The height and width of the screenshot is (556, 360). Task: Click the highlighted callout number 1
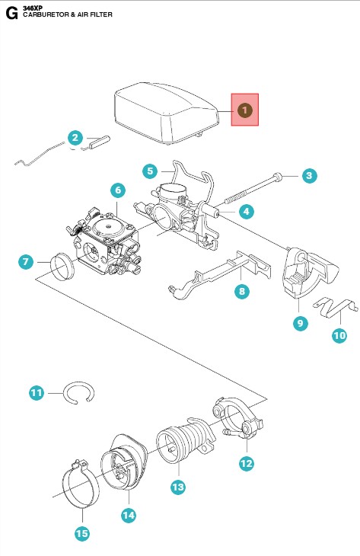pos(244,110)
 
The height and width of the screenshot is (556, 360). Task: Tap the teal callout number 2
pos(75,138)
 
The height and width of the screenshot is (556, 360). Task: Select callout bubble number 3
pos(309,175)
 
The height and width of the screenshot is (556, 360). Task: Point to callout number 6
pos(118,190)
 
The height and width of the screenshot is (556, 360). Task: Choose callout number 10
pos(339,335)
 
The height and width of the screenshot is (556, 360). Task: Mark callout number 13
pos(178,487)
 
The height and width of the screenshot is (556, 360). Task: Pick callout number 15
pos(82,533)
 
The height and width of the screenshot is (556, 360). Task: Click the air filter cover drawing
pos(166,113)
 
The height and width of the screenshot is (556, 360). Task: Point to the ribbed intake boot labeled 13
pos(186,439)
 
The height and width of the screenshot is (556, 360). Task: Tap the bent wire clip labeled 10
pos(335,307)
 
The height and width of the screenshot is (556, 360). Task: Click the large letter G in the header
pos(11,14)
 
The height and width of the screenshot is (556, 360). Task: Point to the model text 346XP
pos(33,8)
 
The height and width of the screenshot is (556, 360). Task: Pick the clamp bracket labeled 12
pos(238,418)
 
